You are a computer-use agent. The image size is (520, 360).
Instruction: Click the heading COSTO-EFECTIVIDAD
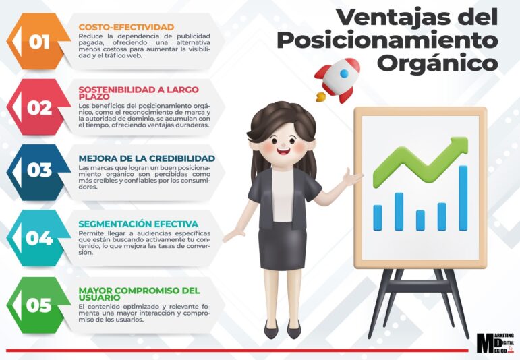click(x=126, y=27)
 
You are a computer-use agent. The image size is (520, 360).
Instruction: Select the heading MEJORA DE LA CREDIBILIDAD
click(x=146, y=158)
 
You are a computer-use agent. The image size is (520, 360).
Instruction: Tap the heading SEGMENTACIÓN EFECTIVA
click(x=138, y=224)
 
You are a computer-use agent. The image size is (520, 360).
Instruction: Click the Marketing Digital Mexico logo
click(x=495, y=344)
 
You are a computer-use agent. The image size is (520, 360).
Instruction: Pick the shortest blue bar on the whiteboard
click(x=420, y=220)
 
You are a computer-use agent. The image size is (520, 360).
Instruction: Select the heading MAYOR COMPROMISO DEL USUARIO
click(x=139, y=293)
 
